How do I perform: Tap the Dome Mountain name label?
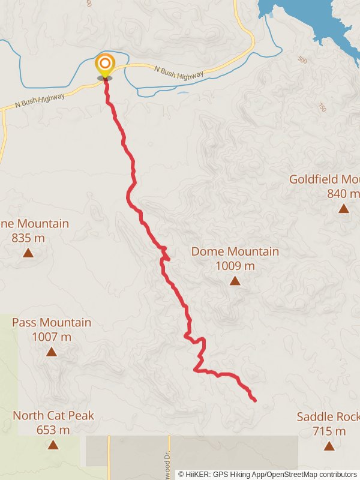point(235,251)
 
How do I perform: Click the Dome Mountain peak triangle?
point(235,281)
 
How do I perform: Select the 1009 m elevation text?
point(235,266)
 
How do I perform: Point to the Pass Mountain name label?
point(52,323)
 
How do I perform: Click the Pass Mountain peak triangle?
point(52,352)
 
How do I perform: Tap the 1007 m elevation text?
point(52,337)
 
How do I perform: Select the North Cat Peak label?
point(53,416)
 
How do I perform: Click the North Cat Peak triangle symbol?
point(53,445)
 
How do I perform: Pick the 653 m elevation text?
point(53,430)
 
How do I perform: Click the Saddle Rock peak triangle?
point(329,445)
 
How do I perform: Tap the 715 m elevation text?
point(329,431)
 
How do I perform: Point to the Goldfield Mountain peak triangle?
point(343,209)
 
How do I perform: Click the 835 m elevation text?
point(28,238)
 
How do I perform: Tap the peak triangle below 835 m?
point(28,253)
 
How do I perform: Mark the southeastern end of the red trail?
point(255,400)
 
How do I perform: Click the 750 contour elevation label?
point(322,107)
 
